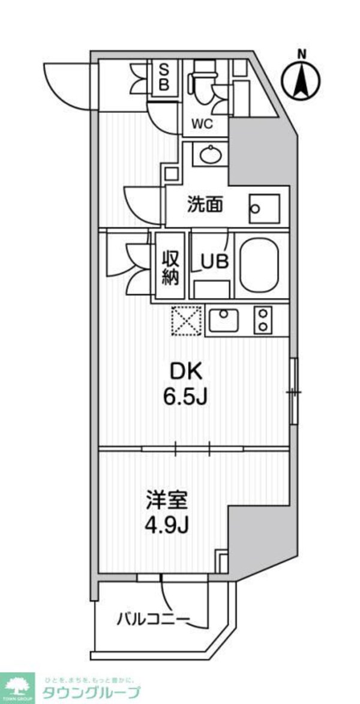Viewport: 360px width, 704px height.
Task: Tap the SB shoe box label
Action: (x=163, y=77)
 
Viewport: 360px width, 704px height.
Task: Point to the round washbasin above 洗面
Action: (x=209, y=155)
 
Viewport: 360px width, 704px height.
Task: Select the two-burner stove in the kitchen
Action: (x=263, y=320)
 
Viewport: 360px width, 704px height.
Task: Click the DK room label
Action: (x=187, y=372)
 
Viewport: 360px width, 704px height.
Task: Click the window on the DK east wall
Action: (x=293, y=392)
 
